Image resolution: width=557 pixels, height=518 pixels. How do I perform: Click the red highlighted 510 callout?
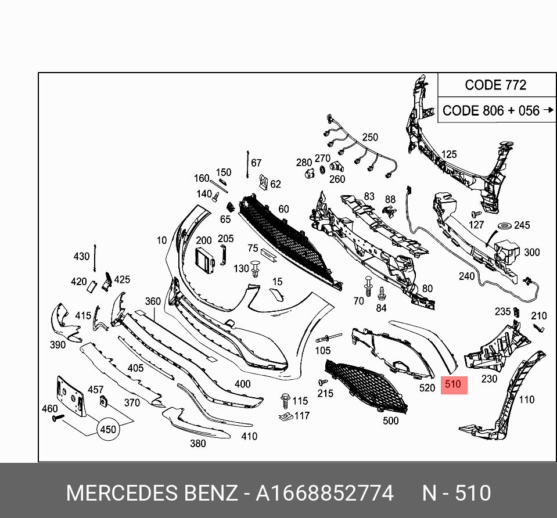(x=454, y=384)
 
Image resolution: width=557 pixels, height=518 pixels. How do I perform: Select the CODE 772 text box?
(x=495, y=85)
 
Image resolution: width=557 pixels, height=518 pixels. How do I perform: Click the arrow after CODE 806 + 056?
(x=548, y=110)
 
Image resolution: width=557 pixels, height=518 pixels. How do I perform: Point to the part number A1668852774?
(x=325, y=494)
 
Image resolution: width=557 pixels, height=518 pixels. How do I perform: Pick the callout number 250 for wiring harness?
(x=370, y=138)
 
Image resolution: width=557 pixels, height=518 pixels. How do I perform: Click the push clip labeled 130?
(x=256, y=269)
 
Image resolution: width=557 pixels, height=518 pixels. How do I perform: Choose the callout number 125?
(x=449, y=154)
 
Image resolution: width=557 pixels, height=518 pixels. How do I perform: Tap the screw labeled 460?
(x=56, y=418)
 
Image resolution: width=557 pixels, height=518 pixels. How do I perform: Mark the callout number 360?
(x=153, y=301)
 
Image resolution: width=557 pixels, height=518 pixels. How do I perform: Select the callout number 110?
(x=526, y=400)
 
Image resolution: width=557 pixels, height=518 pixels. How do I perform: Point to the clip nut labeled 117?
(x=285, y=416)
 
